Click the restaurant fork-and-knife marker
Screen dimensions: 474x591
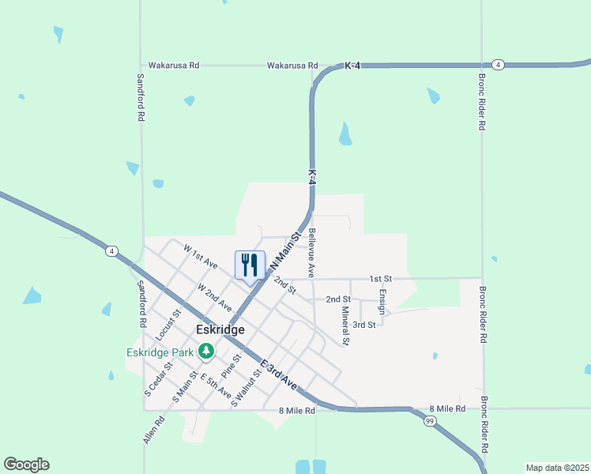point(250,265)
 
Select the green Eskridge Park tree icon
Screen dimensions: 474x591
point(205,350)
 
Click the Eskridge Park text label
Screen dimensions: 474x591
point(160,352)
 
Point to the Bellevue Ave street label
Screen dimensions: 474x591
point(312,253)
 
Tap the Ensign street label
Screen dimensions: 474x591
point(382,301)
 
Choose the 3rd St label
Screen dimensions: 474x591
point(363,325)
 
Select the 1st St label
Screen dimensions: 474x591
point(381,279)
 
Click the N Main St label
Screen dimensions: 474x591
point(286,248)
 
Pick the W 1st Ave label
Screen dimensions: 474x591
point(200,256)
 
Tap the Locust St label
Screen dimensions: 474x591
point(165,325)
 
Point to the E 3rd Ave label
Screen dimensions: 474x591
point(279,374)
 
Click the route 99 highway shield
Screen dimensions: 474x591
point(429,421)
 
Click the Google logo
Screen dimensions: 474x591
point(26,465)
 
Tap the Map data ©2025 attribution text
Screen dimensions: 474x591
point(557,468)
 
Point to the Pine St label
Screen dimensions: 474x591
point(230,366)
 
